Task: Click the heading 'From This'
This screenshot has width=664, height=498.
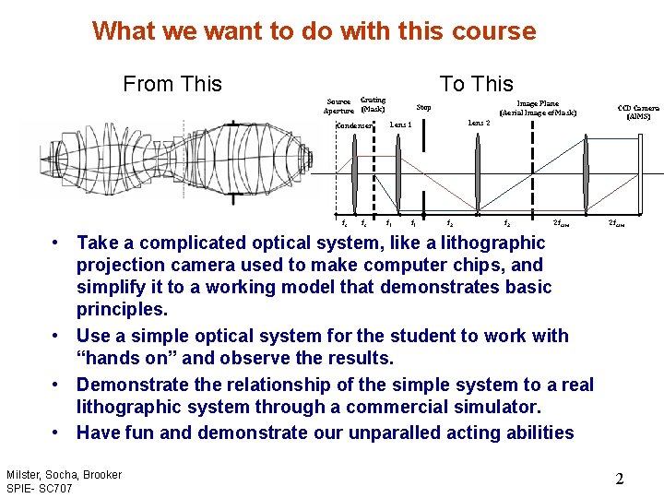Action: (x=172, y=84)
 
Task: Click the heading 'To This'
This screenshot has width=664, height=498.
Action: (x=476, y=84)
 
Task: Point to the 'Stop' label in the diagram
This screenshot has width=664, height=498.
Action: (x=423, y=108)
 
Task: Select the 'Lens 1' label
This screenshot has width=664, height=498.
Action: (x=400, y=124)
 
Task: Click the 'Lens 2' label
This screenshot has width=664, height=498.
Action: (x=478, y=122)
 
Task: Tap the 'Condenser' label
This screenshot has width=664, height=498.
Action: (x=353, y=125)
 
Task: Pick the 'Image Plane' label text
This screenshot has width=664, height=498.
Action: (x=538, y=104)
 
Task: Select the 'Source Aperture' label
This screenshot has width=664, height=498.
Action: (x=338, y=106)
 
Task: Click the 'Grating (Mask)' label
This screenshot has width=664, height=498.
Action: (x=373, y=104)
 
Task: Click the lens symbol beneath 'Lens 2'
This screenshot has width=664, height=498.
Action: (x=477, y=173)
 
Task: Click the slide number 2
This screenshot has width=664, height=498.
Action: (x=620, y=479)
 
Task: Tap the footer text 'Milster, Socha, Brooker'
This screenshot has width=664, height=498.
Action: (x=64, y=474)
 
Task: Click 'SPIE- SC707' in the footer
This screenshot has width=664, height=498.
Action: (x=40, y=488)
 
